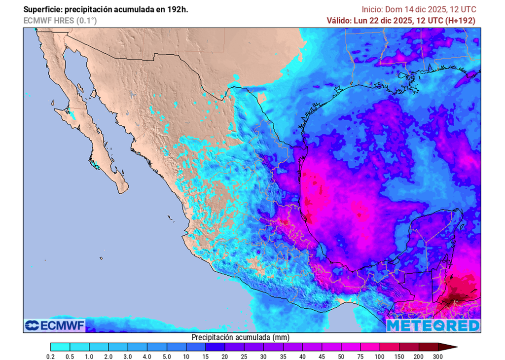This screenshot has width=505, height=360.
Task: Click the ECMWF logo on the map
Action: [x=55, y=325]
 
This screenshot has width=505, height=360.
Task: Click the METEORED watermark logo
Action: [x=433, y=325]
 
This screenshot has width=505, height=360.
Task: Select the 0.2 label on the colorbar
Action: [x=50, y=356]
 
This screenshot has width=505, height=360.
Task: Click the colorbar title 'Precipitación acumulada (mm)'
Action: [x=240, y=337]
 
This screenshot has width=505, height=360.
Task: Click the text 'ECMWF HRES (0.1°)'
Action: [x=60, y=20]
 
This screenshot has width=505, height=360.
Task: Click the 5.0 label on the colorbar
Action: [x=167, y=356]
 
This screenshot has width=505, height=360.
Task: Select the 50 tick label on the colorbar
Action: [x=341, y=356]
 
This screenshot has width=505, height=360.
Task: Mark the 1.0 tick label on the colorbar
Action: [x=89, y=356]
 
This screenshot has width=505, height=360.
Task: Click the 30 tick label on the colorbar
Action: [x=264, y=356]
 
